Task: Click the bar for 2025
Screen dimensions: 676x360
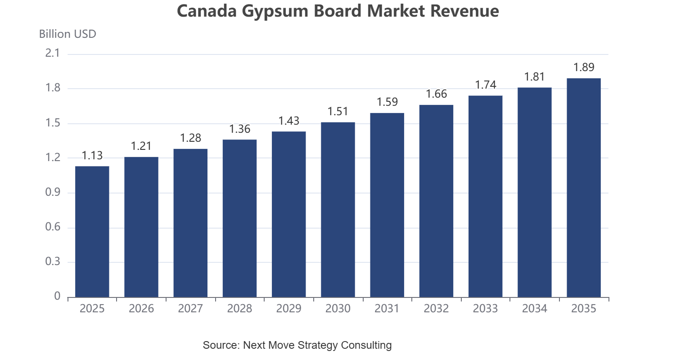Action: click(x=92, y=232)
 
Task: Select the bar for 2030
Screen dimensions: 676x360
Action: click(x=338, y=210)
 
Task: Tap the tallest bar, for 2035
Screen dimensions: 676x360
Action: click(x=584, y=188)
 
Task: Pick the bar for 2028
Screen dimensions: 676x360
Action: click(x=239, y=218)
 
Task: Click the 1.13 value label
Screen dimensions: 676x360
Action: click(x=92, y=156)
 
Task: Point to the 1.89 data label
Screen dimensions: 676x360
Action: click(x=584, y=67)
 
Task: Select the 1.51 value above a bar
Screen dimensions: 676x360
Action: click(x=338, y=112)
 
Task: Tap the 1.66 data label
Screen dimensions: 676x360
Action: click(x=437, y=94)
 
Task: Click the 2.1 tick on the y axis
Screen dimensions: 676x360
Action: click(x=53, y=53)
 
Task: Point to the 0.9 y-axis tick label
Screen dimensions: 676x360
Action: click(x=53, y=192)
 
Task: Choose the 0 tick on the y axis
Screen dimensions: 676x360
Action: click(x=57, y=297)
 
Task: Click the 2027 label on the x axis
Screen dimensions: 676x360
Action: click(x=190, y=309)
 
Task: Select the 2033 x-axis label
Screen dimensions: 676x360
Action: click(x=485, y=309)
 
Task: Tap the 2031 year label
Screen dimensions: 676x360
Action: click(x=387, y=309)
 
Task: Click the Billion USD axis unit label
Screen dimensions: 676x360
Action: click(x=68, y=34)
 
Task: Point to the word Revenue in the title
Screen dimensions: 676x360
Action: click(x=464, y=11)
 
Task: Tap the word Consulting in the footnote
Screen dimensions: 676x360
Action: click(x=366, y=345)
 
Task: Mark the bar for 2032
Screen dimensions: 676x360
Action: click(x=437, y=201)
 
